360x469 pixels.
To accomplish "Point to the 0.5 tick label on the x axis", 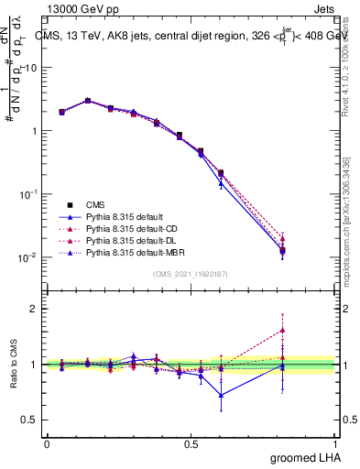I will click(x=191, y=443).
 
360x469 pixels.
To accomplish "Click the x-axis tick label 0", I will click(x=47, y=443).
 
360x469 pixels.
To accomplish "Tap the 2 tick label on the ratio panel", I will click(x=34, y=309).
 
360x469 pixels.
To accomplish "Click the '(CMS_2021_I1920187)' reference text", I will click(x=190, y=274).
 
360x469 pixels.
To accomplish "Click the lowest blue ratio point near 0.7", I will click(x=221, y=396).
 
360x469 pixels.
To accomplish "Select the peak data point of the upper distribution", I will click(x=88, y=101).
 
